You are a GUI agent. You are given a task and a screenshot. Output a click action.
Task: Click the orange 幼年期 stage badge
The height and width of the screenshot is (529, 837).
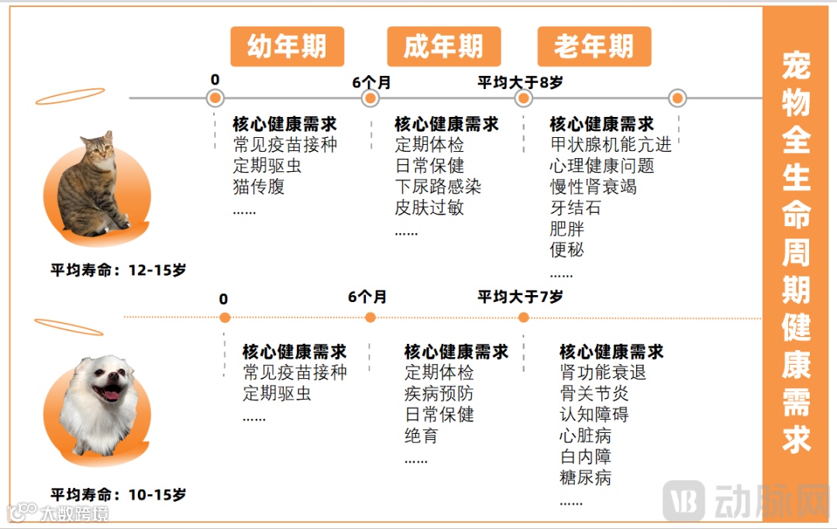point(287,47)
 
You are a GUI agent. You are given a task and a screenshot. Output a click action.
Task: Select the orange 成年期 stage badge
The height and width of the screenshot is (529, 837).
point(443,47)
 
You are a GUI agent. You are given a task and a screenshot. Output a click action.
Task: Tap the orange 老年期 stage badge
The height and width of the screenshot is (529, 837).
point(594,47)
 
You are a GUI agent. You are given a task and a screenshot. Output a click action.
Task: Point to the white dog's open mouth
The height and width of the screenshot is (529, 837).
point(112,394)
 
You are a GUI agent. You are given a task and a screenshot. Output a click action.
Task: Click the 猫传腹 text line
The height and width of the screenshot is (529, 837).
point(259,187)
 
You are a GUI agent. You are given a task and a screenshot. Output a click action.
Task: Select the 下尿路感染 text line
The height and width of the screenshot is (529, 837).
point(438,187)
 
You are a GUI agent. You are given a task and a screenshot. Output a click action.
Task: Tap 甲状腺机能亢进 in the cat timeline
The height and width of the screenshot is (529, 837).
point(611,145)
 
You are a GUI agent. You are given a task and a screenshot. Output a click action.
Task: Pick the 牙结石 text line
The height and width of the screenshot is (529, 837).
point(575,208)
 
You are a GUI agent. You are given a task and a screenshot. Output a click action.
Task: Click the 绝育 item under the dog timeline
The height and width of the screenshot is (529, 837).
point(421,436)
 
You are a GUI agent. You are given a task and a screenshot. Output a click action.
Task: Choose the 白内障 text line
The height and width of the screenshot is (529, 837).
point(585,457)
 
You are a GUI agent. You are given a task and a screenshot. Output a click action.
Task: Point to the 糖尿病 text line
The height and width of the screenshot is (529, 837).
point(585,478)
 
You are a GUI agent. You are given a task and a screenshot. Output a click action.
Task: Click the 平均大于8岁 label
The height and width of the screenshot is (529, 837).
point(520,82)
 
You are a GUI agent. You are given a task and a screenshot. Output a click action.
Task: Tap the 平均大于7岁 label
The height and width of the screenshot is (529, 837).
point(520,297)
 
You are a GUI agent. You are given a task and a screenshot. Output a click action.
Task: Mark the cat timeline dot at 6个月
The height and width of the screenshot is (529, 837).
point(370,98)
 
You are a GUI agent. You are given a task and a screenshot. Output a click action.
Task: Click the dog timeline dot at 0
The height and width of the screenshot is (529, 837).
point(225,318)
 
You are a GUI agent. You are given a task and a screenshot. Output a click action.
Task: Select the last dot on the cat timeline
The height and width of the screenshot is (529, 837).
point(677,98)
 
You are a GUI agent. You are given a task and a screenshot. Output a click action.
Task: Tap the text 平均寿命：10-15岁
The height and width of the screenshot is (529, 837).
point(119,494)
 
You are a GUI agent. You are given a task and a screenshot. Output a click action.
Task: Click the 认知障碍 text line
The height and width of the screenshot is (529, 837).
point(594,414)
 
